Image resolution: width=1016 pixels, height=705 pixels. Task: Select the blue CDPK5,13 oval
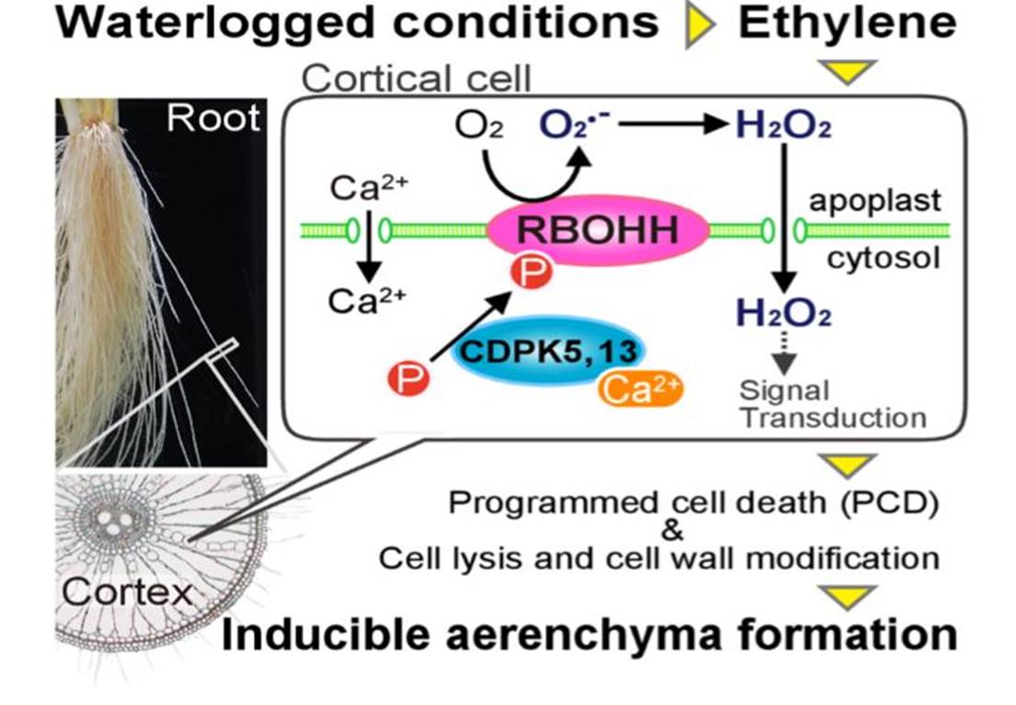[549, 352]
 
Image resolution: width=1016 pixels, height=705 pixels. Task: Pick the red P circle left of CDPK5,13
[408, 378]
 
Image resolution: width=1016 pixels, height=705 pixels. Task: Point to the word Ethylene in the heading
[846, 24]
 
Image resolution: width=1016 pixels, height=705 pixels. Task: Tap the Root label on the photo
[213, 119]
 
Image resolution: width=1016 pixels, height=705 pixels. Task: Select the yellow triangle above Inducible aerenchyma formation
[847, 597]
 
